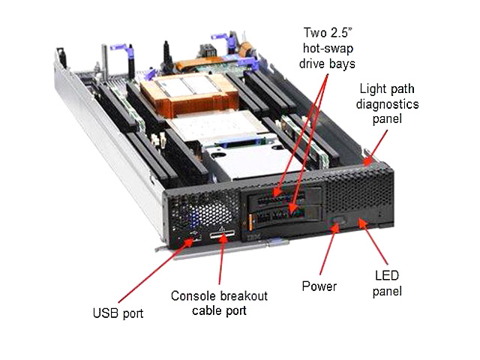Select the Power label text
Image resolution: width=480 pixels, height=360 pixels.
(319, 286)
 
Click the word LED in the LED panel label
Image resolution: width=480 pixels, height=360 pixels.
(387, 275)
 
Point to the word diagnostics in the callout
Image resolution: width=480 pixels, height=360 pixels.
(387, 104)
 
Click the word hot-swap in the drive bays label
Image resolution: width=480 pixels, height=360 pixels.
(328, 49)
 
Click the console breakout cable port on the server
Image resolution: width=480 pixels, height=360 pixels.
(222, 235)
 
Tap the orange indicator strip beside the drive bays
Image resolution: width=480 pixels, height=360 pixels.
(250, 223)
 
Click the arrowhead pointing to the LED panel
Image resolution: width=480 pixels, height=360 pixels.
(362, 223)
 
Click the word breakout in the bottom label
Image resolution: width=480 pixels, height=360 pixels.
(244, 296)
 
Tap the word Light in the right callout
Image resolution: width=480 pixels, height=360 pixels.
(371, 88)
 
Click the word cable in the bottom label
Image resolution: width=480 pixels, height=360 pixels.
(205, 310)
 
